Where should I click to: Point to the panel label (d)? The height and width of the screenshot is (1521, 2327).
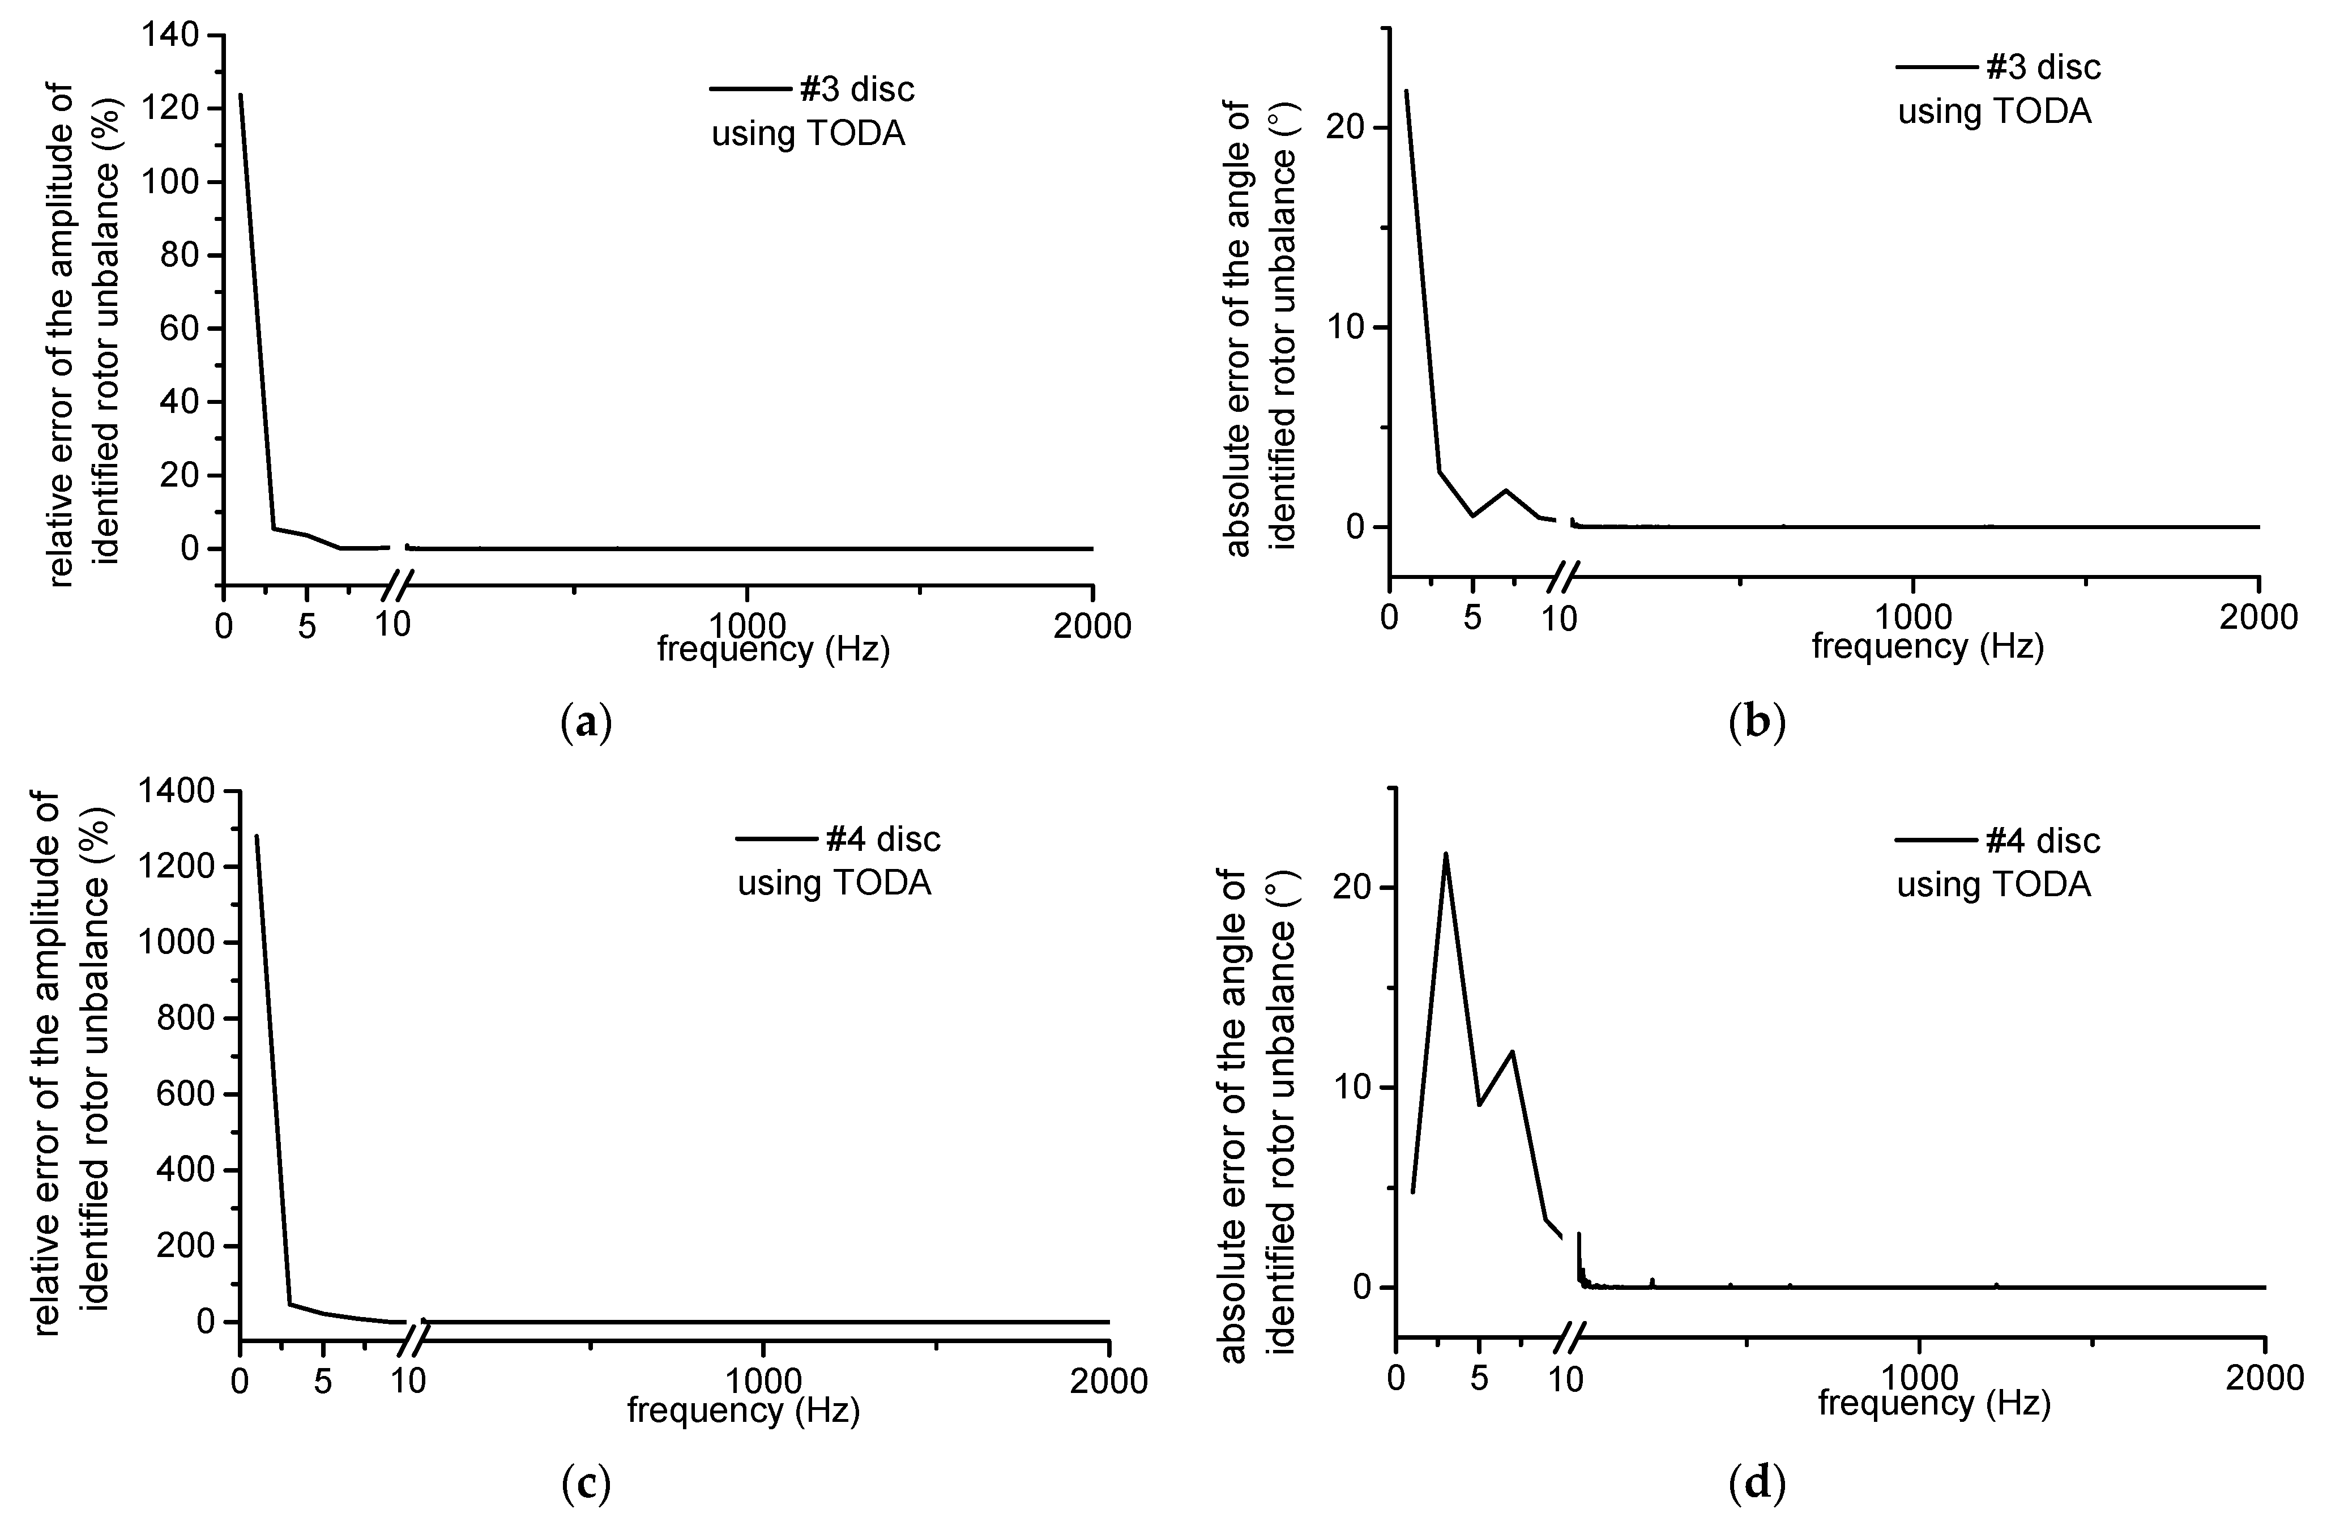tap(1757, 1485)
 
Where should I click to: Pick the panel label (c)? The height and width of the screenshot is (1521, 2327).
tap(588, 1485)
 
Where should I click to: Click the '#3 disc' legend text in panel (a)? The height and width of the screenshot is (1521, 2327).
tap(856, 89)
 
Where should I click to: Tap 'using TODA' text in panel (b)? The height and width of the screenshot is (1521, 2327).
tap(1995, 112)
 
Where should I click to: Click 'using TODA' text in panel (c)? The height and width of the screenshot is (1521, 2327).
tap(834, 883)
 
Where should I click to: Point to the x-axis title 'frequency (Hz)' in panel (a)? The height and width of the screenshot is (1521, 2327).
tap(774, 649)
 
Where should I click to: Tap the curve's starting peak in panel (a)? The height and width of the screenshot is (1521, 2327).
tap(240, 95)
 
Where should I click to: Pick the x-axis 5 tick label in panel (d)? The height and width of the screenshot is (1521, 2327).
tap(1479, 1378)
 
